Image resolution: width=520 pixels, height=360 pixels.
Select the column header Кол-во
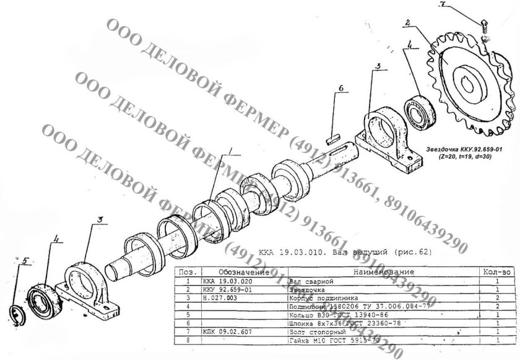tap(496, 272)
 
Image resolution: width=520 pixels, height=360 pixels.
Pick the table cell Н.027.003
tap(217, 297)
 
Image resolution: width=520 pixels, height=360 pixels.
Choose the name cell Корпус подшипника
tap(321, 297)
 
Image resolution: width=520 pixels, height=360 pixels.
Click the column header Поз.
tap(186, 272)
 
